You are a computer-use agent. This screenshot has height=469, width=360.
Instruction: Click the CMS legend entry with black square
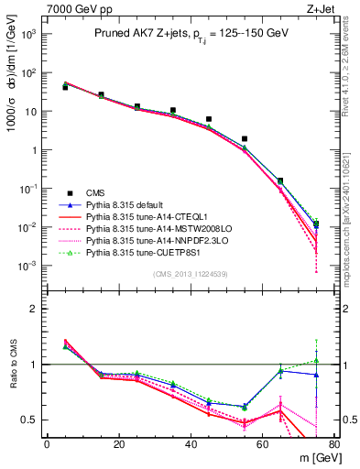[95, 192]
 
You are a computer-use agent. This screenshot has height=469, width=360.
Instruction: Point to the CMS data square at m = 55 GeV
[245, 138]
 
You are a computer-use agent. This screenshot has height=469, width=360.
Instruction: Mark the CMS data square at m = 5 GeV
[65, 88]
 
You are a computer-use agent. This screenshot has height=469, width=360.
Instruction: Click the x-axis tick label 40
[190, 445]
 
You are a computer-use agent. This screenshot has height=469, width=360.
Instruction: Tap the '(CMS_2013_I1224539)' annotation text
[191, 273]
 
